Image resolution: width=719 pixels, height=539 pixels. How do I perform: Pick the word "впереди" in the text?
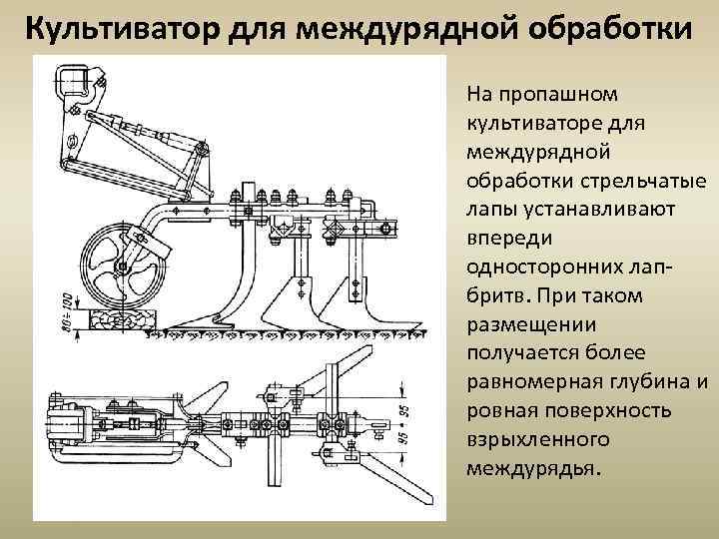point(502,240)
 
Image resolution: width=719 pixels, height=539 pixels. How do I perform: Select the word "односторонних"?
point(528,268)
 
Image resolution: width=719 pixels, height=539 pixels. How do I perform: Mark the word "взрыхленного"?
point(525,440)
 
